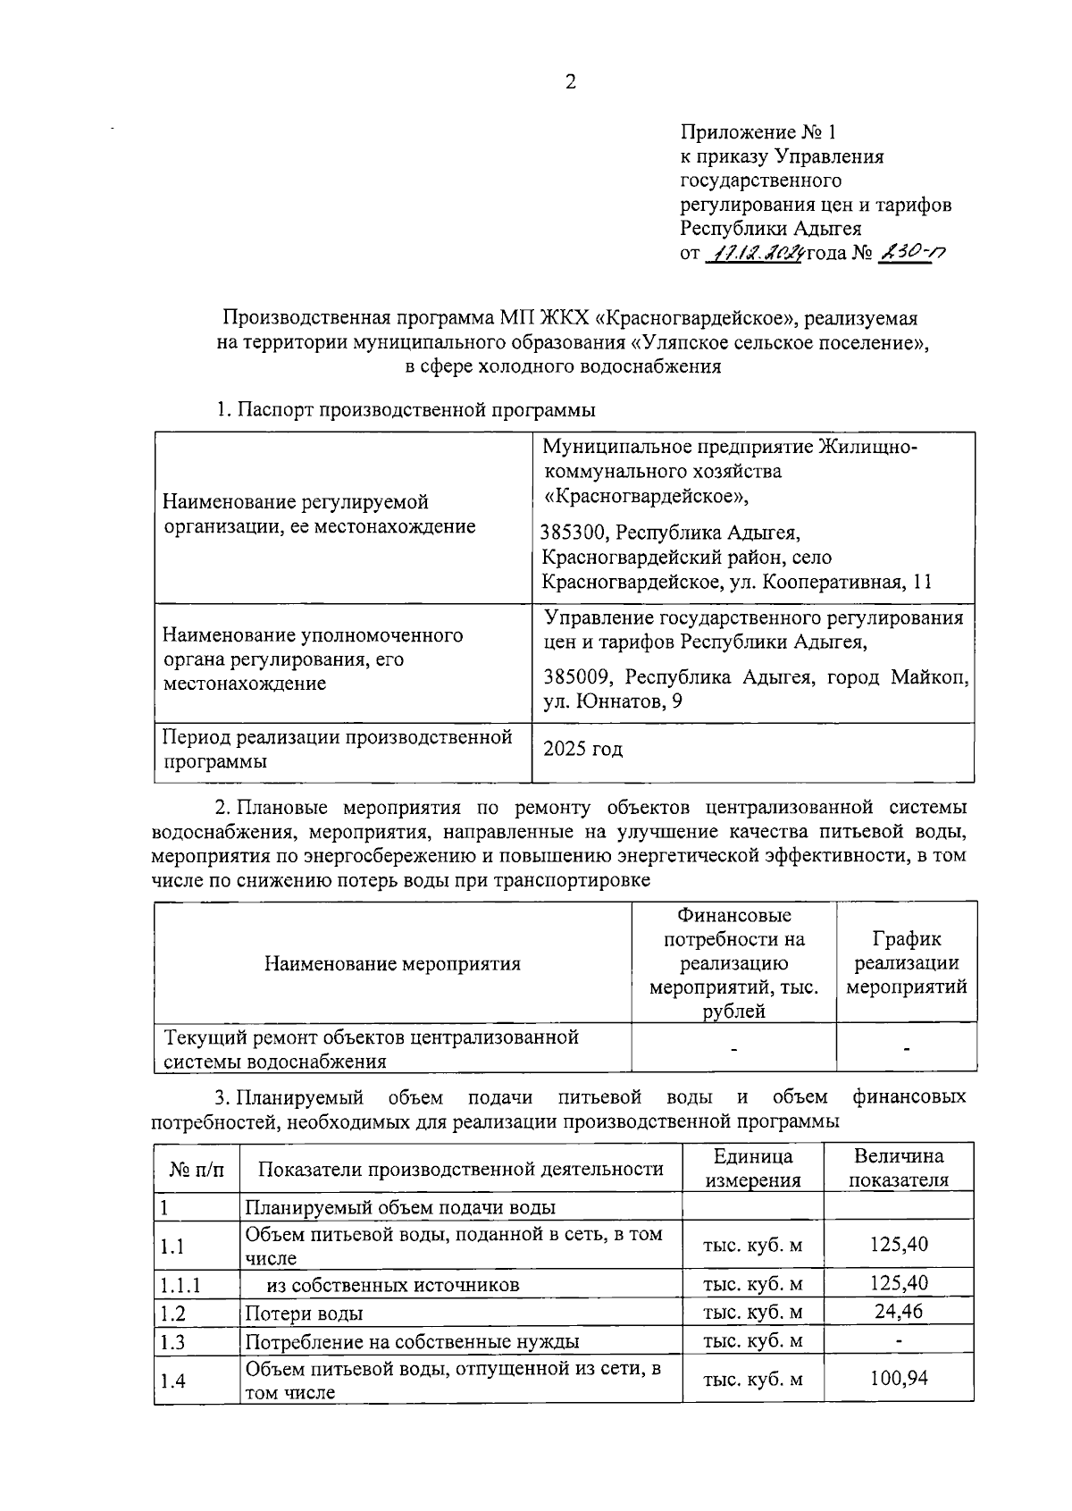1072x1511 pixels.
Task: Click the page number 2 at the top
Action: tap(571, 83)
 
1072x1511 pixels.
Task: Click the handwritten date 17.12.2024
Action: tap(755, 254)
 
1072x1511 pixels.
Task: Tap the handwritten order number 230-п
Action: tap(910, 253)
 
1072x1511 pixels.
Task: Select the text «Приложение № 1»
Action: tap(758, 133)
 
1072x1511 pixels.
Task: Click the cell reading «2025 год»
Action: tap(583, 750)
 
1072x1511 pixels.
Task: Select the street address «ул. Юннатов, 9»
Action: tap(614, 702)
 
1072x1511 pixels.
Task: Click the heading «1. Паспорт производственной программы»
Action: tap(406, 410)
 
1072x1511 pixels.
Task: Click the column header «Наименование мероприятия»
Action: tap(392, 964)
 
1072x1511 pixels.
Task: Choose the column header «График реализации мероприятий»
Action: tap(906, 963)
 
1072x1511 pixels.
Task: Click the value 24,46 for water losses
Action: tap(899, 1312)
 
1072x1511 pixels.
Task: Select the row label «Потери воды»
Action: tap(304, 1314)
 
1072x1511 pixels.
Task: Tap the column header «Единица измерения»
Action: tap(752, 1168)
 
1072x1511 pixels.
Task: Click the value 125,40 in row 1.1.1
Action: tap(899, 1284)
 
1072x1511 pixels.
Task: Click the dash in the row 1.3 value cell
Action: tap(899, 1341)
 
